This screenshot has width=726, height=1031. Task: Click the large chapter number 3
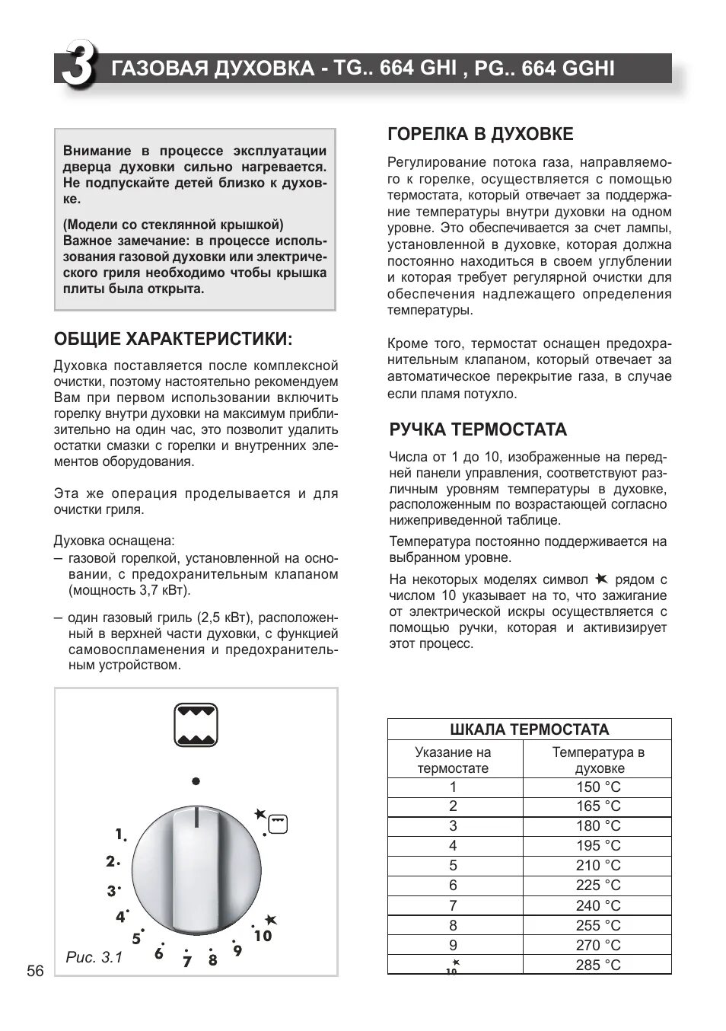click(78, 67)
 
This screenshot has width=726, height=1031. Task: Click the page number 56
click(35, 971)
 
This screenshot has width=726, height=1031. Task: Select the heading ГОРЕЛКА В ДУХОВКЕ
click(480, 134)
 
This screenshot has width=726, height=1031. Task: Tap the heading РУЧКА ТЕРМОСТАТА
click(478, 429)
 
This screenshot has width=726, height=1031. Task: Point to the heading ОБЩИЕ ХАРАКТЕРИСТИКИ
click(173, 338)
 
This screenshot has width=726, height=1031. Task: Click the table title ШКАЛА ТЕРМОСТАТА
click(529, 729)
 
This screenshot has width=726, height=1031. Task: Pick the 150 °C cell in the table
click(597, 787)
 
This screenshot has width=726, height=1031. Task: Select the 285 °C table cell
click(597, 965)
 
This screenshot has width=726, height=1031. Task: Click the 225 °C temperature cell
click(597, 885)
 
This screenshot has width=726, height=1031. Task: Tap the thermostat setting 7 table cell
click(454, 905)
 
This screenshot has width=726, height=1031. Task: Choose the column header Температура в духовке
click(597, 760)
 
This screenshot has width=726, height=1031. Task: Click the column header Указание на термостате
click(454, 760)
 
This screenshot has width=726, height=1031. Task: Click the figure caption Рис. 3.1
click(94, 957)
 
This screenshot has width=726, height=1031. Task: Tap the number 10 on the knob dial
click(263, 936)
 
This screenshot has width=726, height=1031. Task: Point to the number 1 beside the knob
click(119, 834)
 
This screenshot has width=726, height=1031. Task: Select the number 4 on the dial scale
click(120, 917)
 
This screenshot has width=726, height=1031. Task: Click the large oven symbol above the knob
click(196, 726)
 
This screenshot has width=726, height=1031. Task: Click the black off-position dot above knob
click(196, 781)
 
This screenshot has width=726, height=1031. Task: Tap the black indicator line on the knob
click(196, 817)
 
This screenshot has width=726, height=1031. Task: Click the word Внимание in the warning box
click(96, 151)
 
